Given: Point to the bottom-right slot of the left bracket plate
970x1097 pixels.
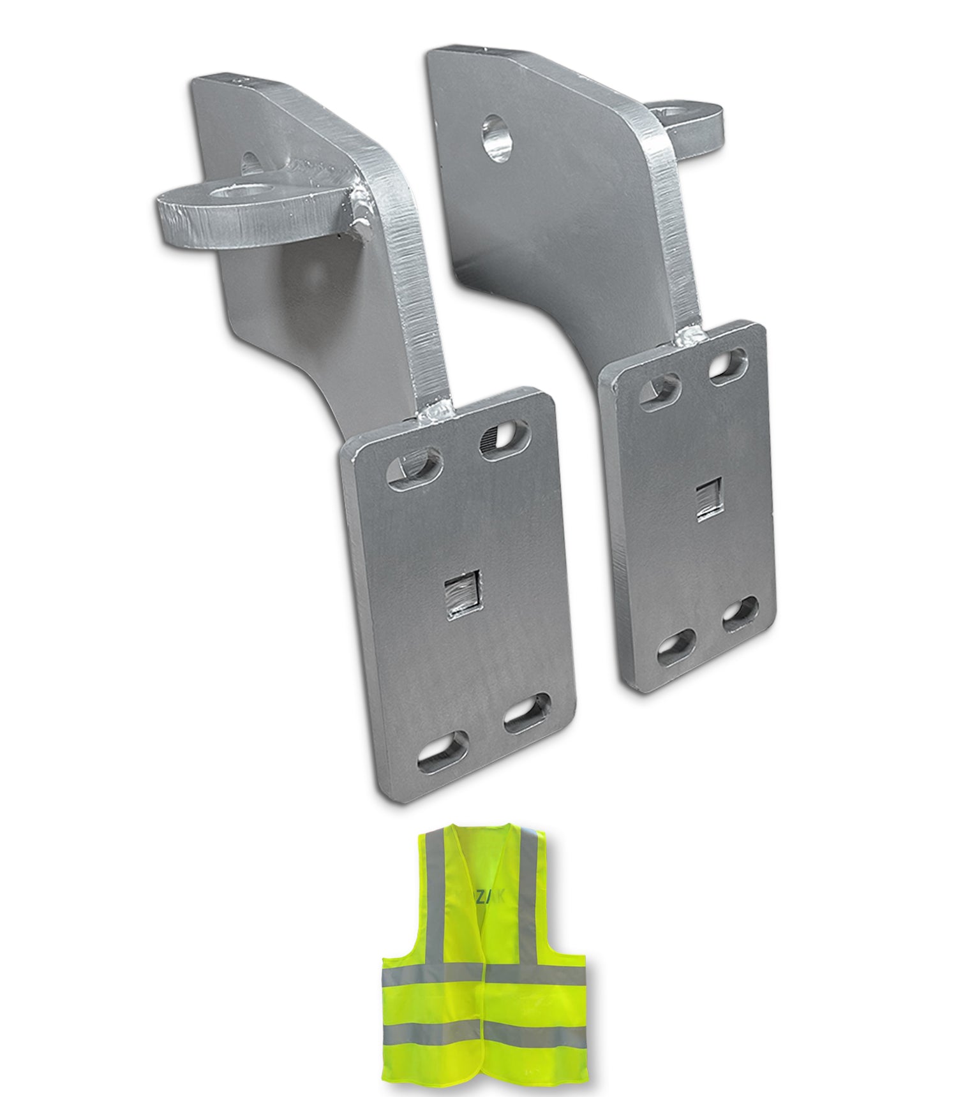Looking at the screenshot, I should tap(526, 714).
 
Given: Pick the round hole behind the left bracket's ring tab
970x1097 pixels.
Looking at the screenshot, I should tap(253, 162).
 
